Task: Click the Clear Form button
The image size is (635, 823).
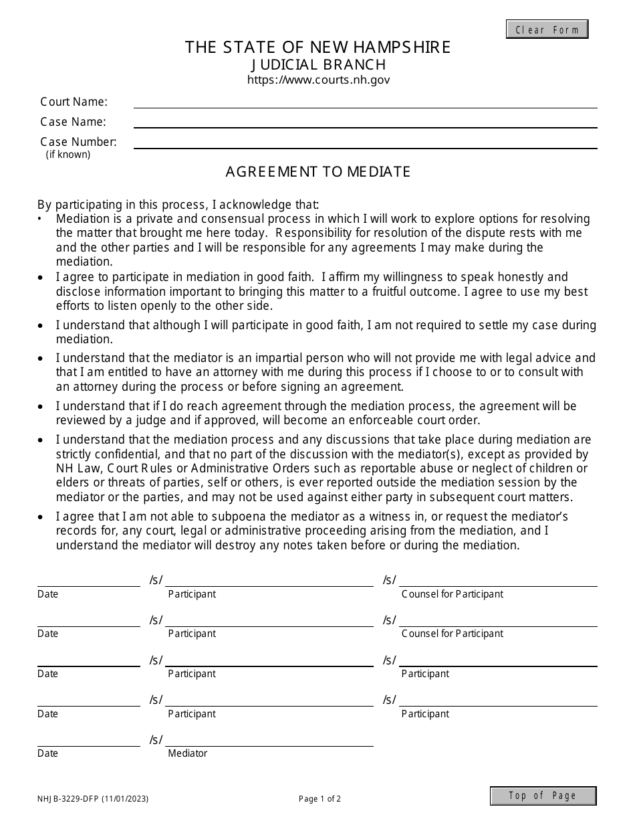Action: pyautogui.click(x=547, y=29)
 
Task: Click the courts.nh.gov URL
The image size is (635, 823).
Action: pyautogui.click(x=318, y=80)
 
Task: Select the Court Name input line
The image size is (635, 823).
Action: pyautogui.click(x=365, y=102)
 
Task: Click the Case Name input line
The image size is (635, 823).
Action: pyautogui.click(x=365, y=122)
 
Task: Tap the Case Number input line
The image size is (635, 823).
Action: pyautogui.click(x=365, y=142)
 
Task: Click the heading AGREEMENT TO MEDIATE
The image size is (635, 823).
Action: pyautogui.click(x=317, y=171)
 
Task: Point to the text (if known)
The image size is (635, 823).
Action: pyautogui.click(x=68, y=155)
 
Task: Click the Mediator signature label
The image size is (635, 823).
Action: pyautogui.click(x=187, y=753)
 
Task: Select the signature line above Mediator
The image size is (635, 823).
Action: pyautogui.click(x=269, y=741)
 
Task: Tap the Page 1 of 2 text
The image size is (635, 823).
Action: pyautogui.click(x=320, y=798)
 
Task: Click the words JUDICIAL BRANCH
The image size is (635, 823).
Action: pyautogui.click(x=318, y=64)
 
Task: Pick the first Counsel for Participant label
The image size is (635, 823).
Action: pyautogui.click(x=452, y=594)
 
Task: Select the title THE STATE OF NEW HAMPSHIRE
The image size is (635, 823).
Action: pyautogui.click(x=317, y=47)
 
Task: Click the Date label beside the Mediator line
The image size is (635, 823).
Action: pyautogui.click(x=47, y=753)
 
